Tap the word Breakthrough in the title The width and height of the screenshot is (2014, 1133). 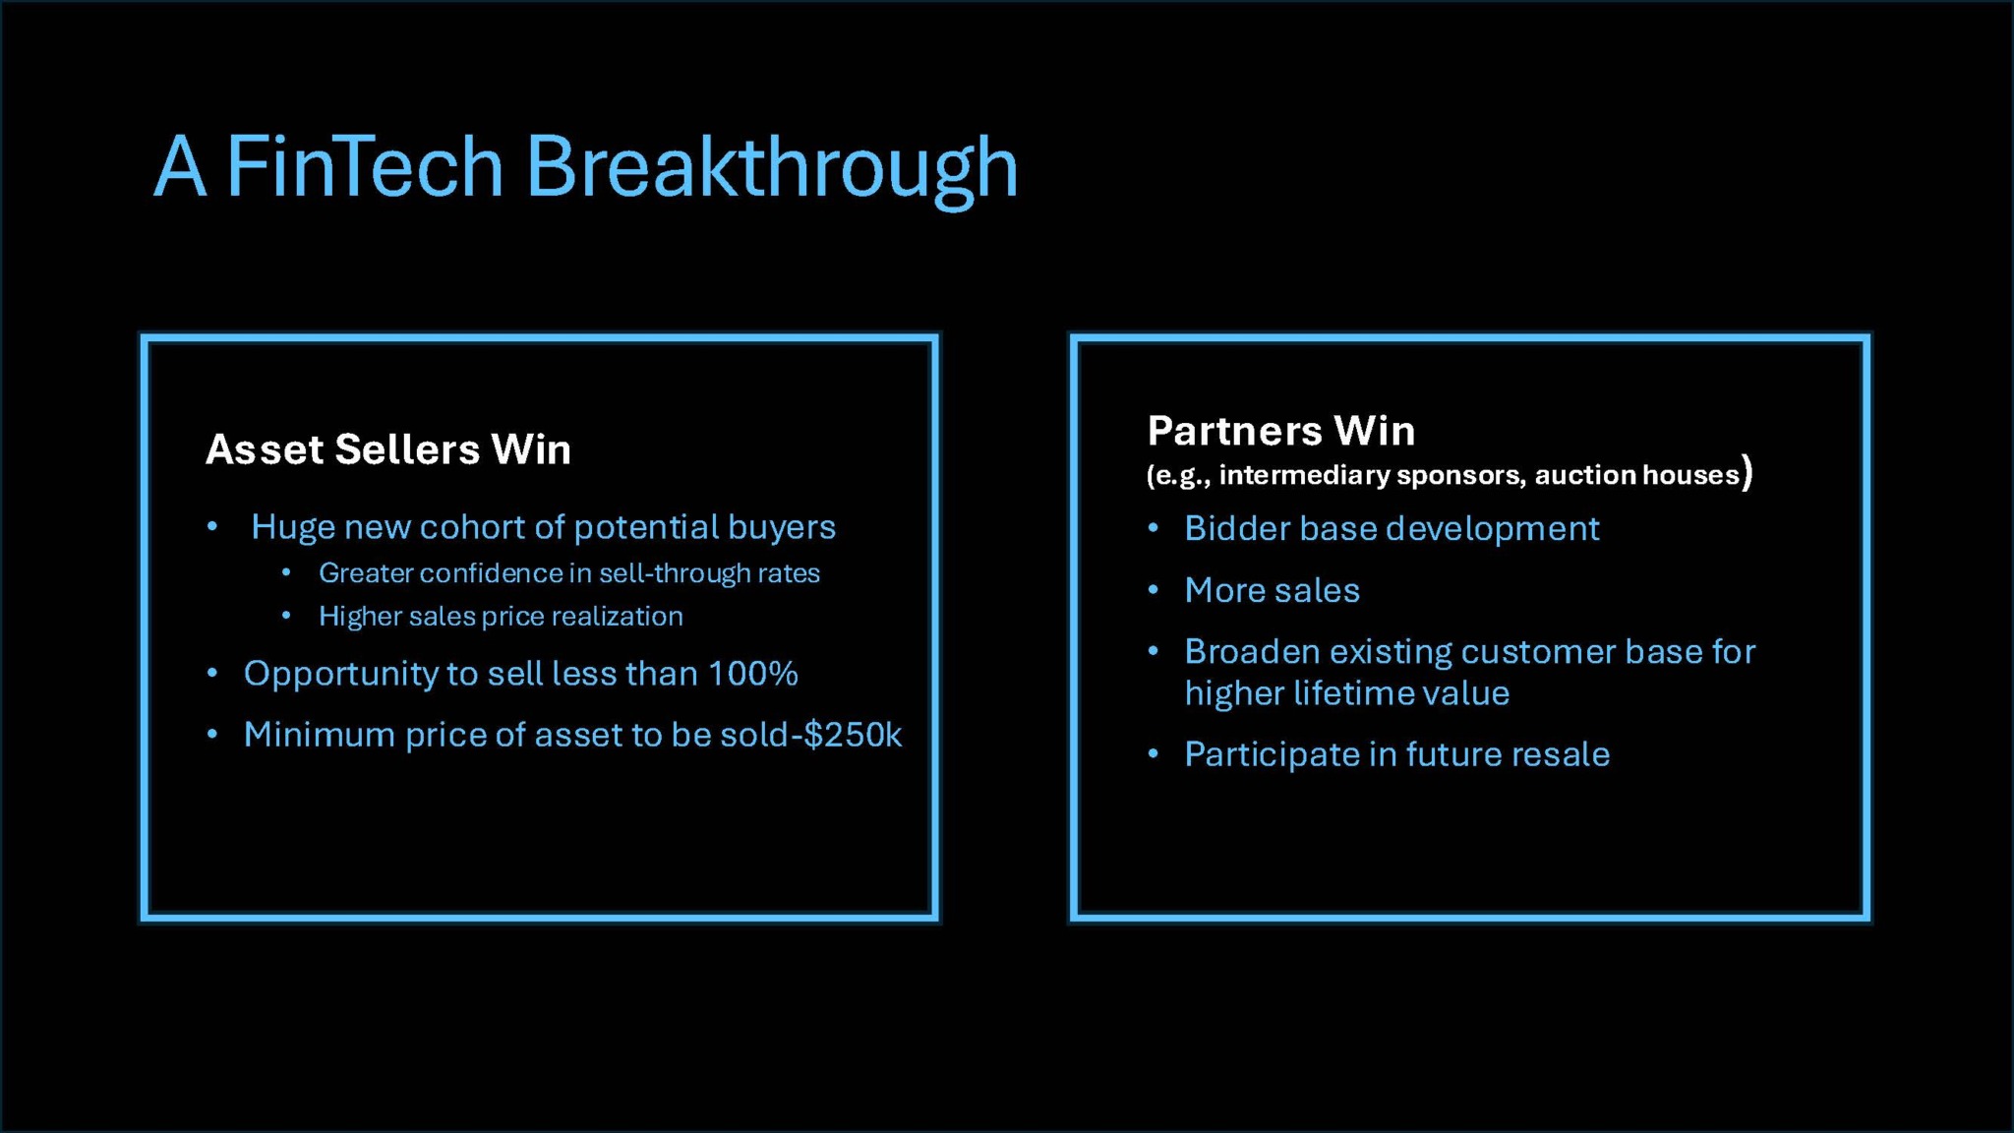pos(772,169)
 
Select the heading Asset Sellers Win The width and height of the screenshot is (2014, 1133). pos(388,449)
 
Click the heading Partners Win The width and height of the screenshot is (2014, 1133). pos(1281,431)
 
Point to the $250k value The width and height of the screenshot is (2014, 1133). pos(853,735)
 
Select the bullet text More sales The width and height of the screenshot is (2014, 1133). pos(1273,590)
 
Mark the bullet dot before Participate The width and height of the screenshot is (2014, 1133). pos(1154,754)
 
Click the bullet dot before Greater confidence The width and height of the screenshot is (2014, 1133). pos(286,572)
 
